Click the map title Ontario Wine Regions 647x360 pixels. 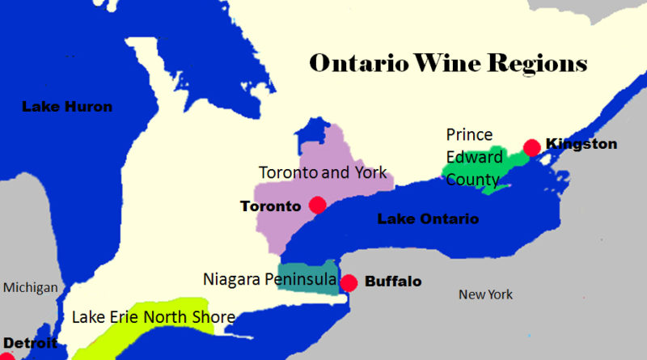pyautogui.click(x=447, y=64)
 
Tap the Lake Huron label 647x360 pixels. pyautogui.click(x=66, y=106)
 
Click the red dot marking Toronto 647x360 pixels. pyautogui.click(x=317, y=205)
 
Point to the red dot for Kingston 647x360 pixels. pyautogui.click(x=531, y=146)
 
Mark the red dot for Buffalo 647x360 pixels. pyautogui.click(x=349, y=282)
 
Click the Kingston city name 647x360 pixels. pyautogui.click(x=581, y=145)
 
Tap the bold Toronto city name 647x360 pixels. pyautogui.click(x=270, y=206)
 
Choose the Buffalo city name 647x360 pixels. pyautogui.click(x=393, y=282)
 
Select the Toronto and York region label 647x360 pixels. pyautogui.click(x=323, y=172)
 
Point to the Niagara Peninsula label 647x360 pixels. pyautogui.click(x=270, y=280)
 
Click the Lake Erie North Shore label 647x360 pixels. pyautogui.click(x=153, y=317)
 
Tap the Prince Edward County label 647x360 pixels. pyautogui.click(x=470, y=156)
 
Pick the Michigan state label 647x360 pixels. pyautogui.click(x=31, y=288)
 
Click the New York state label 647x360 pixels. pyautogui.click(x=485, y=294)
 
